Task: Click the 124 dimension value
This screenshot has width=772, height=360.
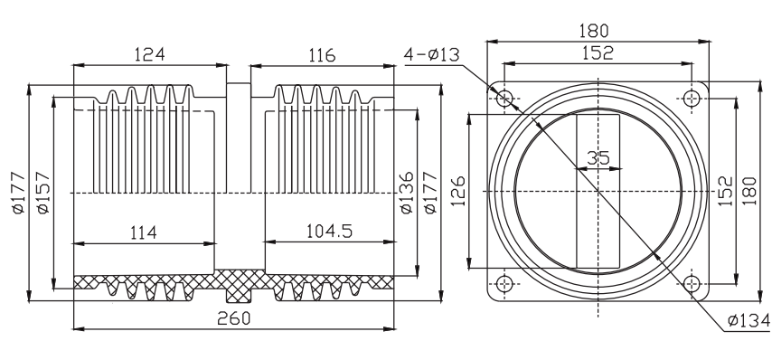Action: coord(150,53)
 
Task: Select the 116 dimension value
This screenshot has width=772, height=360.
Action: coord(322,55)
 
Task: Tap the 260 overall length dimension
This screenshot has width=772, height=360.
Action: coord(234,318)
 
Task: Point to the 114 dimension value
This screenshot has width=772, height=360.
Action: coord(143,232)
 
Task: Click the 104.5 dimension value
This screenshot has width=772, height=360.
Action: coord(329,231)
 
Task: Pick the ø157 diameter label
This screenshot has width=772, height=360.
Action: coord(43,193)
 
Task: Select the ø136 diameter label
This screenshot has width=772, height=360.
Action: coord(406,193)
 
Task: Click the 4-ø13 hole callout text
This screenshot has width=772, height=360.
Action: coord(432,54)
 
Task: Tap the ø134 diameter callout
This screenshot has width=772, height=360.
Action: coord(748,320)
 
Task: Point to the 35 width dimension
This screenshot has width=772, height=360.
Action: coord(598,158)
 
